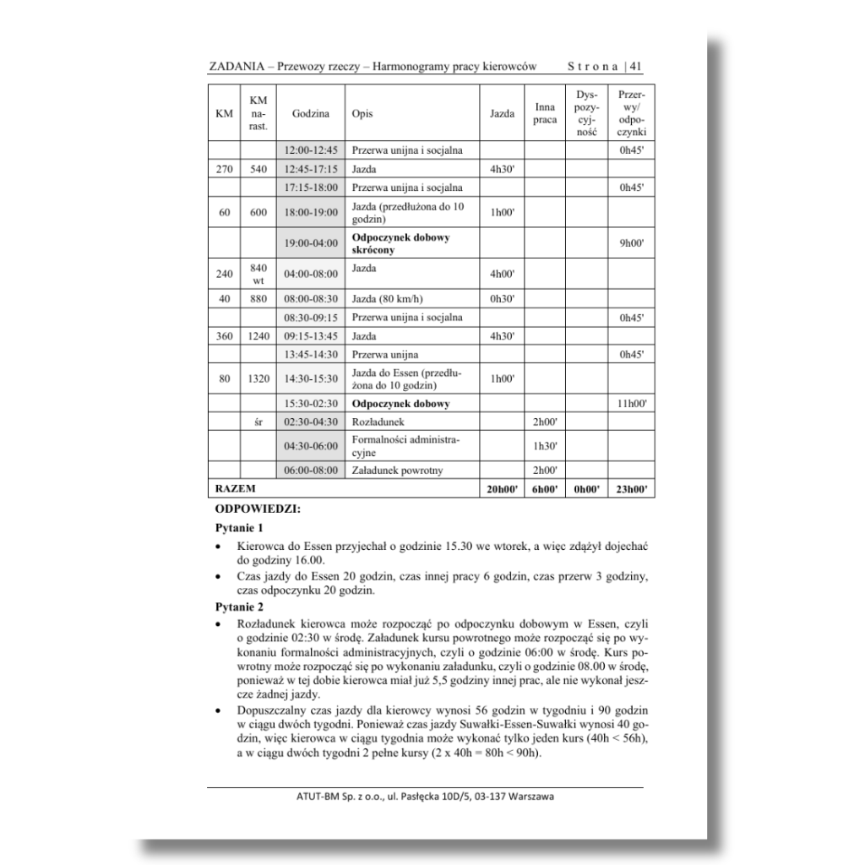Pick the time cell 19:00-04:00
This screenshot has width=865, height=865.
(x=310, y=243)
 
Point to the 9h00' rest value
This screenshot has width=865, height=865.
(x=632, y=243)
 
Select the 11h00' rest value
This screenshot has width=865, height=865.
(x=632, y=404)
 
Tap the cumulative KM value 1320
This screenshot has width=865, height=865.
(x=258, y=379)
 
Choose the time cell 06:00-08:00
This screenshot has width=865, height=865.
(x=310, y=471)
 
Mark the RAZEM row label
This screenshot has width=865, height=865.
(x=236, y=488)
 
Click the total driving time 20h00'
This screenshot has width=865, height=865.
(x=498, y=488)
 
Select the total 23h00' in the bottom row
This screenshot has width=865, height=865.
(x=632, y=488)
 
